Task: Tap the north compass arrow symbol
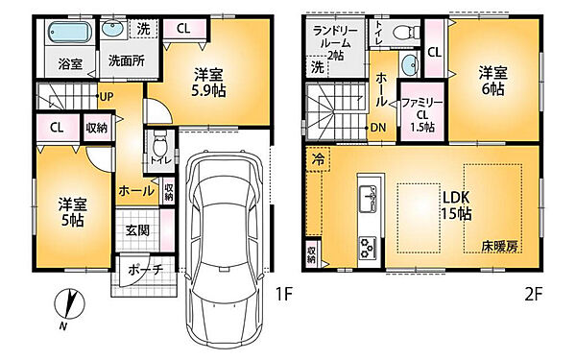coord(67,306)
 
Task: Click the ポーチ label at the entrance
coord(145,270)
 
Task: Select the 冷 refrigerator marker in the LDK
coord(316,162)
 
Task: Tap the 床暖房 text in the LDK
coord(499,248)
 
